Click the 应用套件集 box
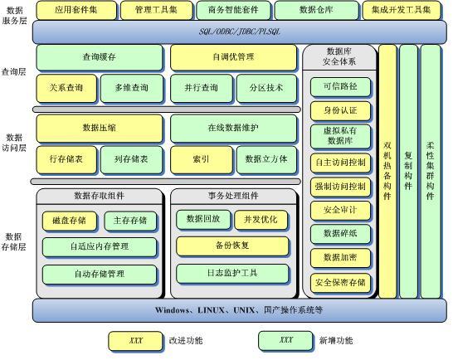(76, 10)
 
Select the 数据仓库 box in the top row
(316, 10)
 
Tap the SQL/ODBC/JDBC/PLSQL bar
(240, 32)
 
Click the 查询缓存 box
(100, 57)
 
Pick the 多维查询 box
(132, 88)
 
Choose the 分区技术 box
(266, 88)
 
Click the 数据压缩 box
(100, 129)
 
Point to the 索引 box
(201, 160)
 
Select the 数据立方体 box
(266, 160)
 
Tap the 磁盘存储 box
(70, 221)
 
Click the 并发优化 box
(261, 220)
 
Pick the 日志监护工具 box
(232, 274)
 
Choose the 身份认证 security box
(340, 110)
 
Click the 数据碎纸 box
(340, 234)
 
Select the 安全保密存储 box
(340, 283)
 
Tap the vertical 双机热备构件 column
(387, 172)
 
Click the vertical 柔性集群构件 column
(431, 172)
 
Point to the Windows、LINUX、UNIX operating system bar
(240, 310)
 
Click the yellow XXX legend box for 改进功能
(135, 341)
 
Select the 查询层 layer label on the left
(13, 72)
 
